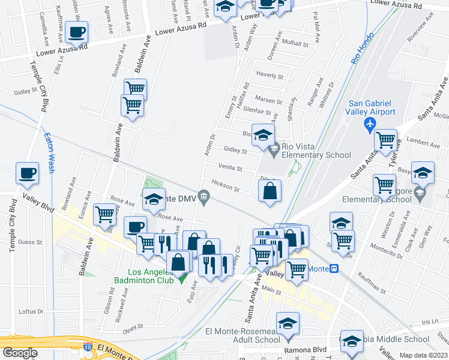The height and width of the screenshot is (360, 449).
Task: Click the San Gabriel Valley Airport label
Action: click(371, 107)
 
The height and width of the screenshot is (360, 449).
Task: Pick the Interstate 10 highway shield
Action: click(88, 347)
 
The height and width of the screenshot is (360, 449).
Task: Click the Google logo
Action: click(19, 353)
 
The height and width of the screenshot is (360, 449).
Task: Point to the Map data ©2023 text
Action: click(423, 355)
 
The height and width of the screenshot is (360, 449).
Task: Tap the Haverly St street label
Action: click(270, 76)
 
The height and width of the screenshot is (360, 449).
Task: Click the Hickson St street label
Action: click(224, 187)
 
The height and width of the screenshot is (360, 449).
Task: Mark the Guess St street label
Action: click(29, 242)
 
